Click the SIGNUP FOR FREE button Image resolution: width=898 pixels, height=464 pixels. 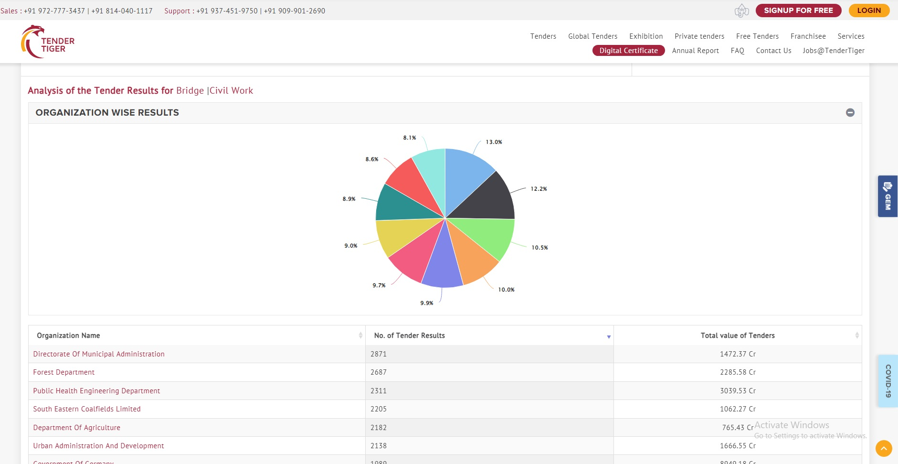[798, 11]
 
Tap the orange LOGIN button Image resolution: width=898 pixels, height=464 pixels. [869, 11]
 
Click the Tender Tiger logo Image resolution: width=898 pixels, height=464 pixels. [48, 42]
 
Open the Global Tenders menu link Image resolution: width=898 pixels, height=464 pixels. [592, 36]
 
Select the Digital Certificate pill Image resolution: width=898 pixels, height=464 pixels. [628, 51]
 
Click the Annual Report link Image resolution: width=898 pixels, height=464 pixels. [695, 51]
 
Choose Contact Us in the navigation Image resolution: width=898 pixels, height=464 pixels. [773, 51]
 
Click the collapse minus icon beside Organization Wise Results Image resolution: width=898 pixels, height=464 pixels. [850, 113]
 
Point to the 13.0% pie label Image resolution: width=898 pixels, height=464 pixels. [494, 142]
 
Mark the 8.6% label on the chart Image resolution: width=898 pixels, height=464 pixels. [372, 159]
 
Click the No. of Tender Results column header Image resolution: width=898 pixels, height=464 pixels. [410, 335]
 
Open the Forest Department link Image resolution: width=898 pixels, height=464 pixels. [64, 372]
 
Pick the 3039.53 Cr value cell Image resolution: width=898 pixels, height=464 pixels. [738, 391]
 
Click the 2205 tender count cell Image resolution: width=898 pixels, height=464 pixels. [379, 409]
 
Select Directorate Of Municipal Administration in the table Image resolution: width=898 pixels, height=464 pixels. [99, 354]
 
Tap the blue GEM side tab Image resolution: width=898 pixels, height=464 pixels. [887, 196]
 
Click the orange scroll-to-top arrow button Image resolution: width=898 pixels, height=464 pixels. [884, 449]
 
